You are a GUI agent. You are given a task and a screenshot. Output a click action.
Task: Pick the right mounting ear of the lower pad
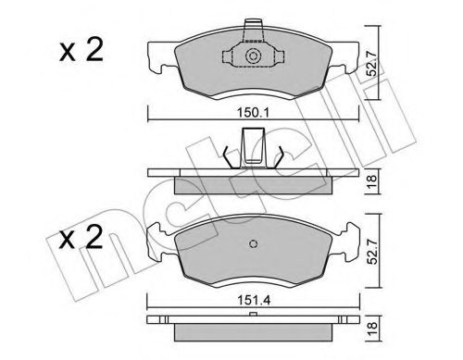349,238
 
